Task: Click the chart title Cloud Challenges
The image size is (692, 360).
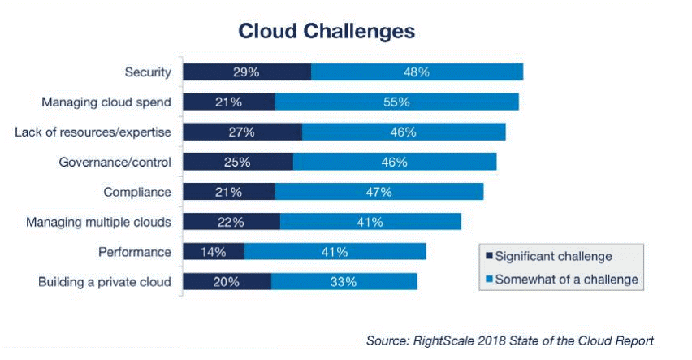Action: point(327,31)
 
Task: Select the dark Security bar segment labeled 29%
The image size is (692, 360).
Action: point(247,72)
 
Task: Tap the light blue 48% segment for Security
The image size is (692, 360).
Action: point(416,72)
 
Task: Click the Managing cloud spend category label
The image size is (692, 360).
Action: point(106,102)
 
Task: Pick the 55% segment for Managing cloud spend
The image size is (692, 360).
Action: point(396,102)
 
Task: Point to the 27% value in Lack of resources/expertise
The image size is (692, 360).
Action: point(242,132)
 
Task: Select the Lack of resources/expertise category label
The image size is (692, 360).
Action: point(93,132)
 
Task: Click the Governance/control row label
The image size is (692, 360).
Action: point(115,162)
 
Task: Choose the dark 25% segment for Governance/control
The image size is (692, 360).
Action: point(238,162)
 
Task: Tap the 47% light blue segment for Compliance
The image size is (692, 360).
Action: point(379,192)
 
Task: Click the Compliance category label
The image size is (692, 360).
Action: point(137,192)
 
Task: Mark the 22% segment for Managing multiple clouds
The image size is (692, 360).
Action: point(231,222)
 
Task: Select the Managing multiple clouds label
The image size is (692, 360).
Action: point(98,222)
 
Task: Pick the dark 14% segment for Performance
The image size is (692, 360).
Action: point(214,252)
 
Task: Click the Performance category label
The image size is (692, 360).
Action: point(134,252)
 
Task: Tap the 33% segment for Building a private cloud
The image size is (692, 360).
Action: point(344,282)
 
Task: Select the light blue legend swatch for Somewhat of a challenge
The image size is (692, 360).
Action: point(488,280)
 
